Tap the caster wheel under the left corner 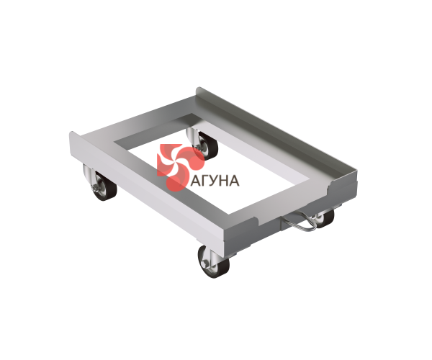tap(103, 185)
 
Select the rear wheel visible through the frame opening tap(206, 145)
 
